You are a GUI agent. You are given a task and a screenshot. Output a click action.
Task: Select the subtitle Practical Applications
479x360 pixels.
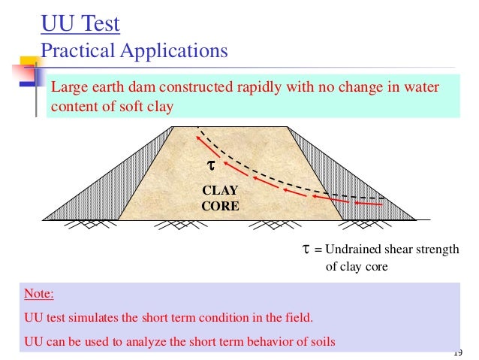(134, 51)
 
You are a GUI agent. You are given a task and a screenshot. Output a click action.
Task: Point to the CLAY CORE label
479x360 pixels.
(220, 198)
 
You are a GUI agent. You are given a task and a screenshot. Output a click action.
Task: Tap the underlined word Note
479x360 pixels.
(39, 294)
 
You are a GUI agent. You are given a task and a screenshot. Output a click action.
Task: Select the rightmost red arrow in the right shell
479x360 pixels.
(369, 203)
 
